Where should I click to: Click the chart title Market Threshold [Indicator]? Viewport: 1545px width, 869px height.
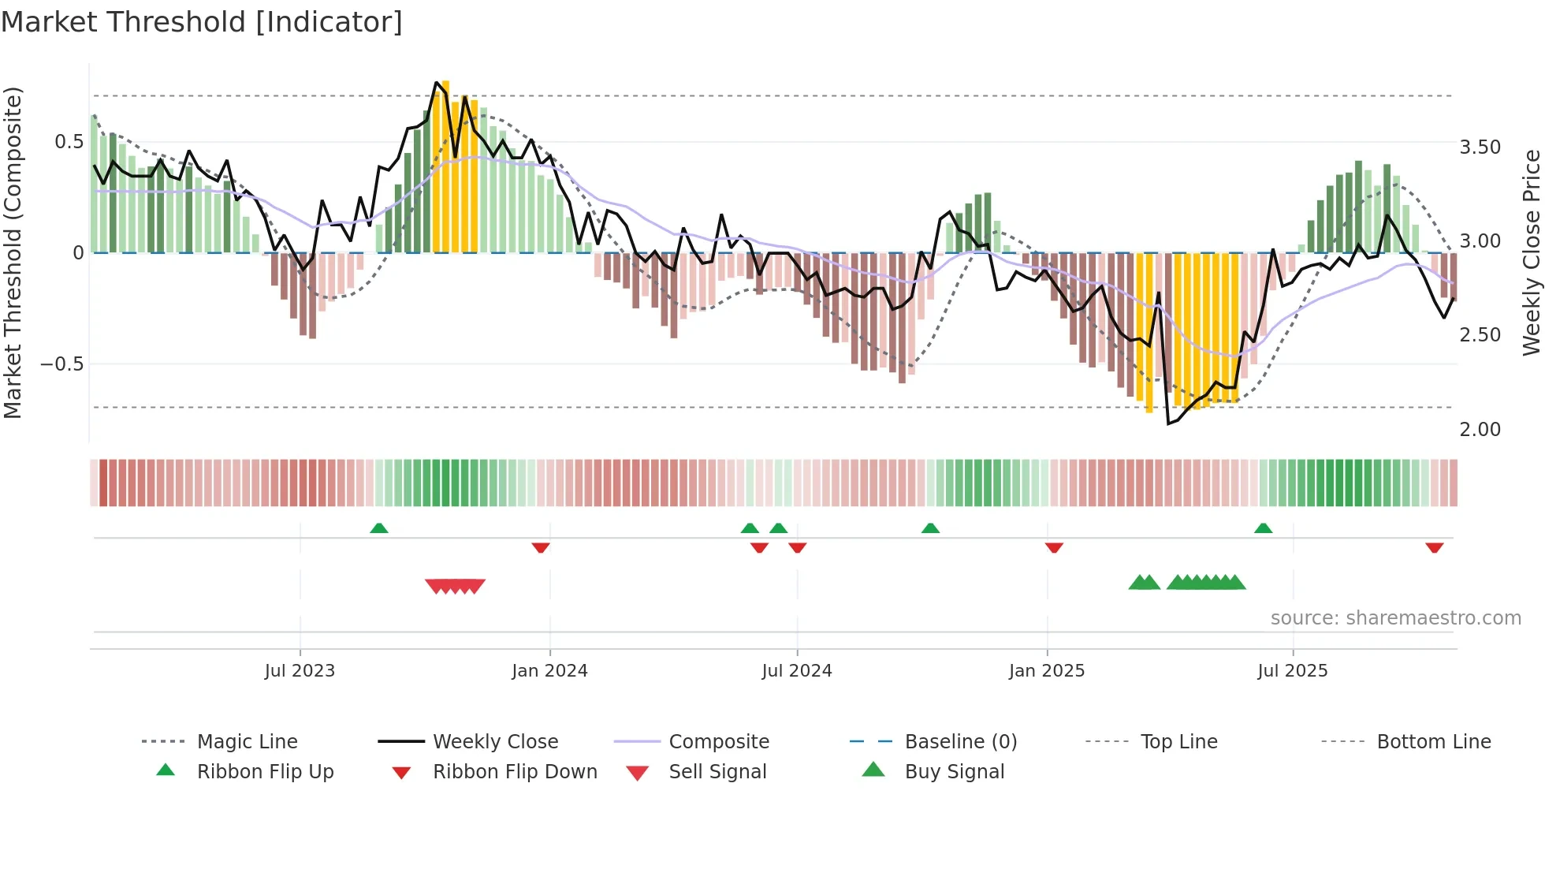(x=202, y=22)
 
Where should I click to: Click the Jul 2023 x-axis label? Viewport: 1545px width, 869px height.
(x=300, y=671)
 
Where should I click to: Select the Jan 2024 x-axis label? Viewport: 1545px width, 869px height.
(x=549, y=671)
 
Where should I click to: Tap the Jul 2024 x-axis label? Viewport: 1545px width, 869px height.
(x=796, y=671)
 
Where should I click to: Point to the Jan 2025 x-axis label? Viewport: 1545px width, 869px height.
(x=1047, y=671)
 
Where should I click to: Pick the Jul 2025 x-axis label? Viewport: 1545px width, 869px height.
(x=1293, y=671)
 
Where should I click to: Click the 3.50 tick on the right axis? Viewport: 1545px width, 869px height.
(x=1480, y=147)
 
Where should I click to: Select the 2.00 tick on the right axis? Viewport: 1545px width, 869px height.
(x=1480, y=430)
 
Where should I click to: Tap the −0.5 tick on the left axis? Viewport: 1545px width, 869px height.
(x=61, y=364)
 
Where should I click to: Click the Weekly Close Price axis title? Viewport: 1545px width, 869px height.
(x=1531, y=252)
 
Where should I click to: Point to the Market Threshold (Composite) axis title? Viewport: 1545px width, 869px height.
(x=13, y=252)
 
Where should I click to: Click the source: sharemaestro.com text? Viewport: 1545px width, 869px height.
(x=1395, y=618)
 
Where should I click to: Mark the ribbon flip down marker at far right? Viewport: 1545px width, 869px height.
(x=1434, y=547)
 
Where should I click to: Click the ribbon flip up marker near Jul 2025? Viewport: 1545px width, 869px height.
(x=1263, y=528)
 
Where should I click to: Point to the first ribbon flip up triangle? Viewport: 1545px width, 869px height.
(x=379, y=528)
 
